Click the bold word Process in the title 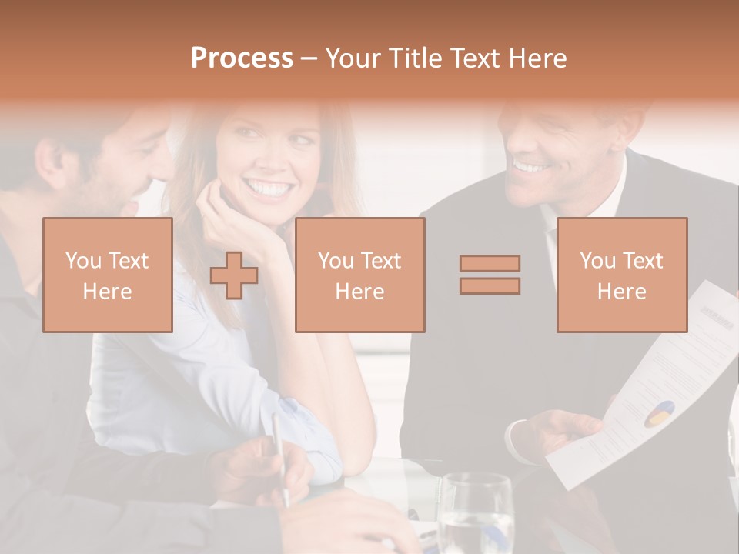pyautogui.click(x=242, y=58)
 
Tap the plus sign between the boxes pyautogui.click(x=234, y=275)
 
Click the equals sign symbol pyautogui.click(x=490, y=275)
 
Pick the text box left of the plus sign pyautogui.click(x=108, y=275)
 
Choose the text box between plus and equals pyautogui.click(x=359, y=275)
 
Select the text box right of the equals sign pyautogui.click(x=621, y=275)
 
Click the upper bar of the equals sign pyautogui.click(x=490, y=264)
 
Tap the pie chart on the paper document pyautogui.click(x=659, y=413)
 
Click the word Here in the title pyautogui.click(x=538, y=58)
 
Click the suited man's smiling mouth pyautogui.click(x=531, y=165)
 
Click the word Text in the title pyautogui.click(x=477, y=58)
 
